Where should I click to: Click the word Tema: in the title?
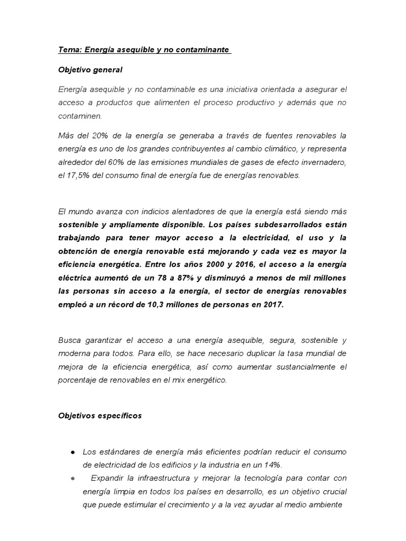tap(69, 50)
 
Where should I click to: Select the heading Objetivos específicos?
tap(100, 416)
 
